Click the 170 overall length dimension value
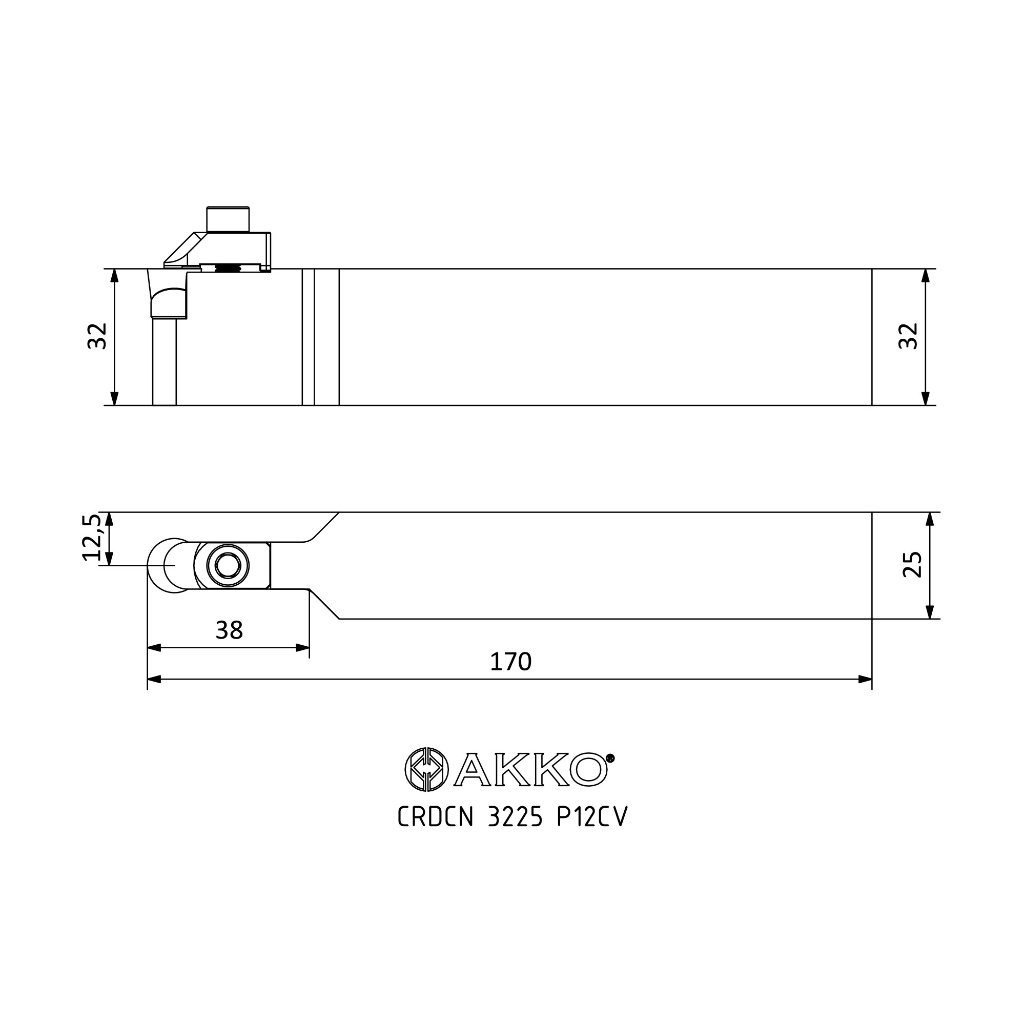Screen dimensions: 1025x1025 (510, 662)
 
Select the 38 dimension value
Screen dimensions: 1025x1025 (229, 630)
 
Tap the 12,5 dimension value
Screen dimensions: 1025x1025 (91, 537)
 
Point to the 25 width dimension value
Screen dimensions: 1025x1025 (913, 564)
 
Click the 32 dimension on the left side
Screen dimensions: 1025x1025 (97, 336)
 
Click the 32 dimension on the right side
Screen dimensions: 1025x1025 (908, 336)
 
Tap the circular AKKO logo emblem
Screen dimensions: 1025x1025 (426, 769)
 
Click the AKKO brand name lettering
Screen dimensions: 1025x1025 (530, 769)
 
